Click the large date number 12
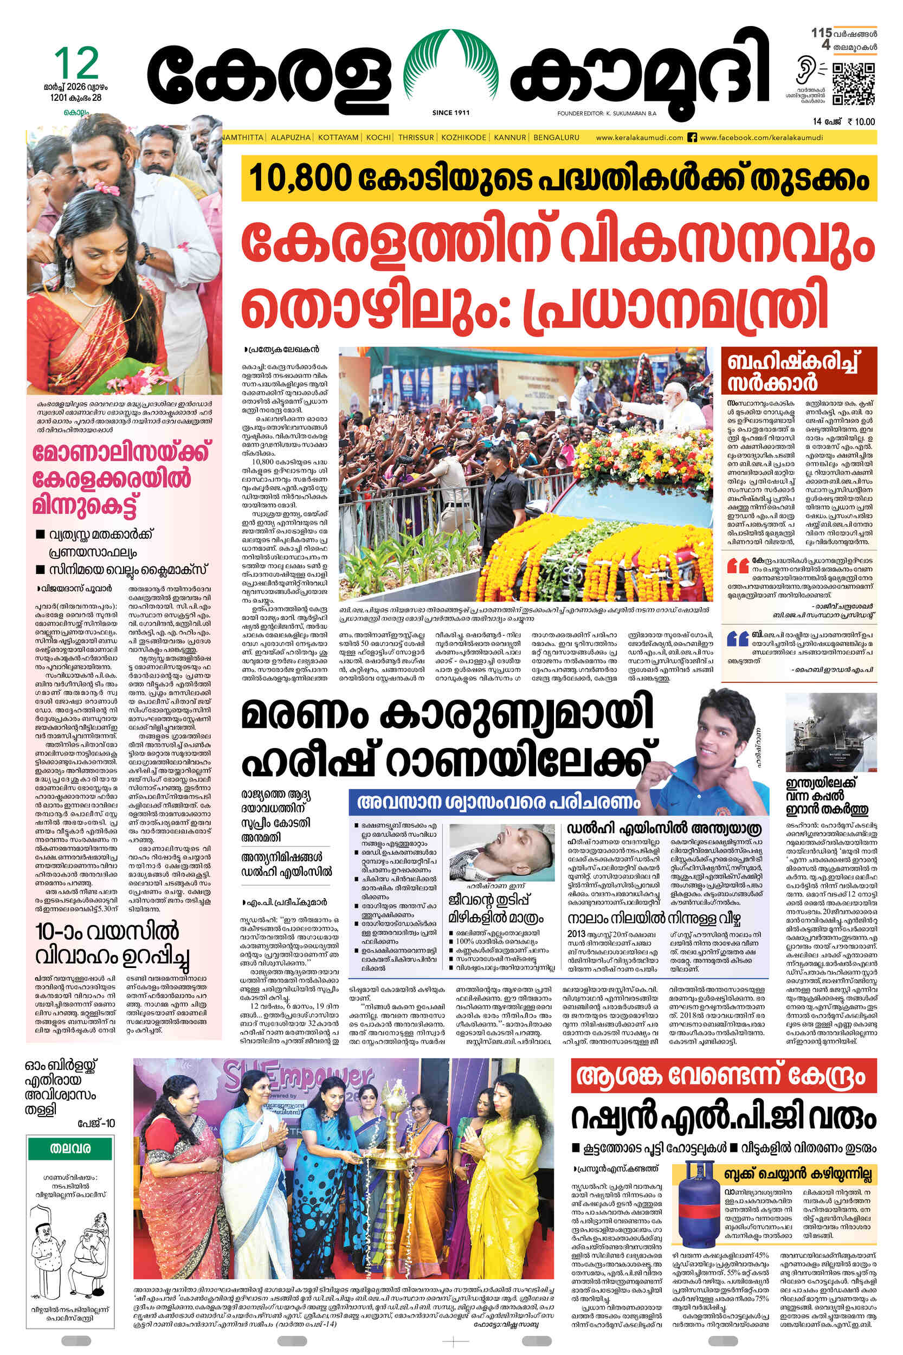pyautogui.click(x=76, y=63)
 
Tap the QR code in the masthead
pyautogui.click(x=854, y=85)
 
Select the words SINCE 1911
pyautogui.click(x=450, y=113)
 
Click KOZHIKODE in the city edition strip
pyautogui.click(x=464, y=138)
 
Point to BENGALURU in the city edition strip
pyautogui.click(x=556, y=138)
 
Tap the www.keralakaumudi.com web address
pyautogui.click(x=639, y=138)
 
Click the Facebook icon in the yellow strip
pyautogui.click(x=693, y=138)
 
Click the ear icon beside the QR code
pyautogui.click(x=804, y=71)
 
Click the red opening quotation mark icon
pyautogui.click(x=738, y=566)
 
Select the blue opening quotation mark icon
pyautogui.click(x=738, y=638)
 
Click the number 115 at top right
pyautogui.click(x=821, y=33)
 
